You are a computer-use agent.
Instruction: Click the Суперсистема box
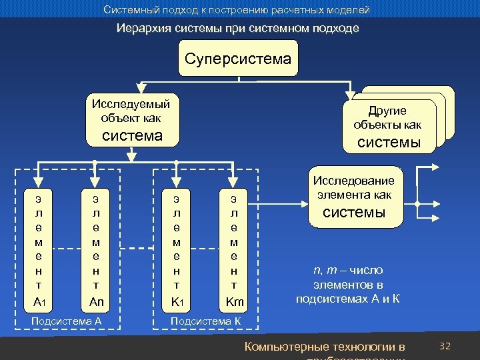pyautogui.click(x=238, y=59)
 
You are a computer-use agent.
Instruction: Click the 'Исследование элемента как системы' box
pyautogui.click(x=354, y=197)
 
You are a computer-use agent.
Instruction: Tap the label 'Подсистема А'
pyautogui.click(x=67, y=321)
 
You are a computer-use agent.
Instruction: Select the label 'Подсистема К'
pyautogui.click(x=206, y=321)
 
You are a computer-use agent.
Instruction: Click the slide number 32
pyautogui.click(x=445, y=346)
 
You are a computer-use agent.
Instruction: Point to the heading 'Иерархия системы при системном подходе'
pyautogui.click(x=238, y=29)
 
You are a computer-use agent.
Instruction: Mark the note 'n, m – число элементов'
pyautogui.click(x=348, y=284)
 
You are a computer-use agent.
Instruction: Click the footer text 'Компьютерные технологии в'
pyautogui.click(x=325, y=347)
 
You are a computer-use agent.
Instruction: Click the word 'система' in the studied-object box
pyautogui.click(x=131, y=136)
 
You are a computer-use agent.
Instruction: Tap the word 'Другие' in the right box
pyautogui.click(x=387, y=111)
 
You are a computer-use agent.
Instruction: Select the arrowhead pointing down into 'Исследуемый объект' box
pyautogui.click(x=139, y=89)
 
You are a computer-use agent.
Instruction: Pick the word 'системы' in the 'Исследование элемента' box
pyautogui.click(x=354, y=213)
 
